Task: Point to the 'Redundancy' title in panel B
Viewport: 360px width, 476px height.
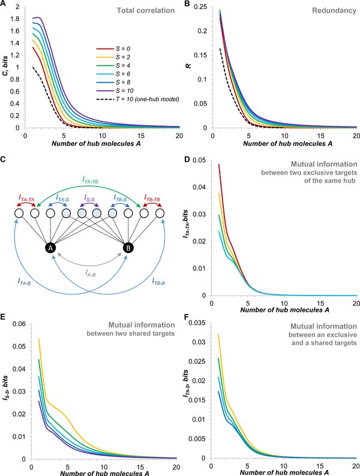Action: point(336,10)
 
